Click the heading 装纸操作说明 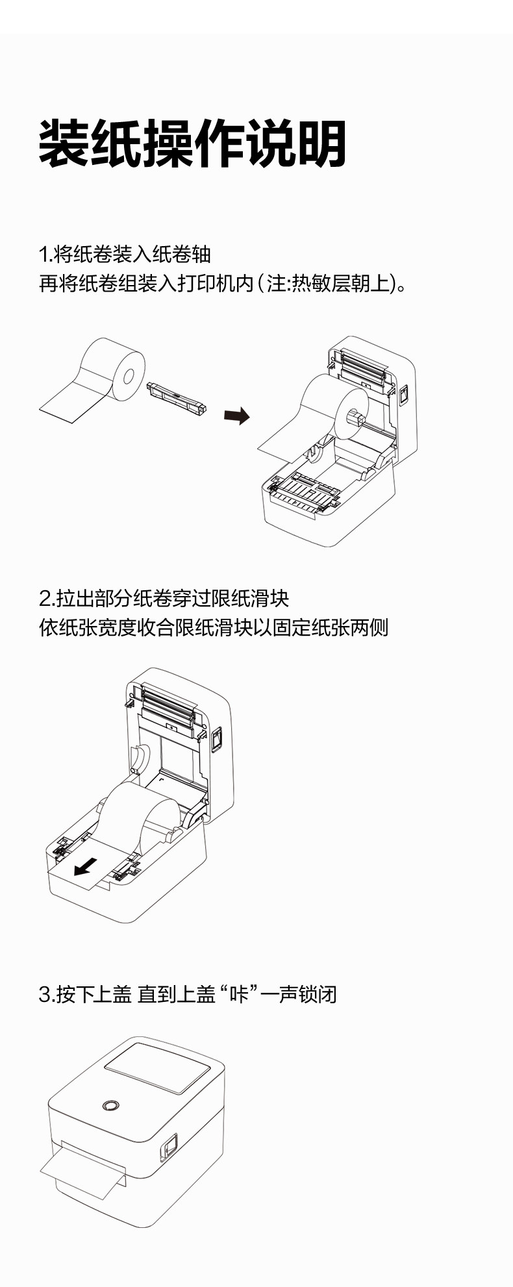[192, 144]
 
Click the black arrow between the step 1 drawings [236, 415]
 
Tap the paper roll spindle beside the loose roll [177, 397]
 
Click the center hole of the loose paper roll [128, 376]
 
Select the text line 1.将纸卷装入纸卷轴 [125, 254]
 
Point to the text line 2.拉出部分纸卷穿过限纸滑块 [164, 597]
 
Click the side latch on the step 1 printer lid [403, 394]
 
